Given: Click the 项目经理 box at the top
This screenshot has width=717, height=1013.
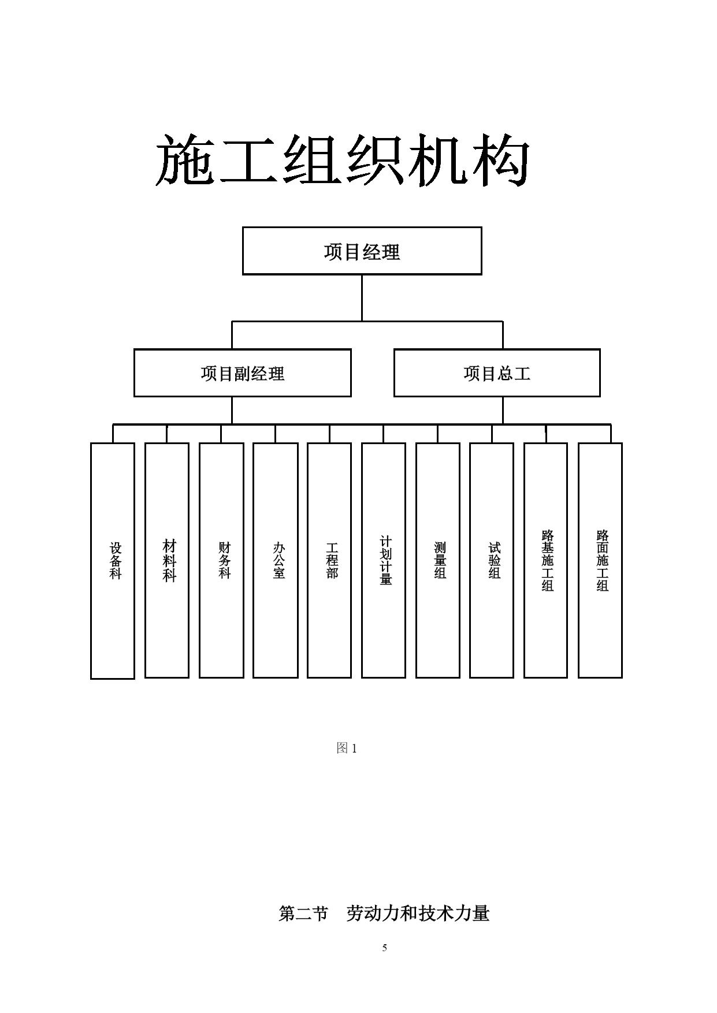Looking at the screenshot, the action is [362, 251].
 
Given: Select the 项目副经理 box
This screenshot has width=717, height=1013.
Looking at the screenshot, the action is [243, 373].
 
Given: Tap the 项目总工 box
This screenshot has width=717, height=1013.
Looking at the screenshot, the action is [497, 373].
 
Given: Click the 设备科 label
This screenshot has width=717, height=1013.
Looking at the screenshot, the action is [116, 560].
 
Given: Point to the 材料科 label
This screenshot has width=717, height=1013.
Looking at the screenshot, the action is [169, 560].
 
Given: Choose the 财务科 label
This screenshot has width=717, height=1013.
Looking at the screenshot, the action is [224, 560].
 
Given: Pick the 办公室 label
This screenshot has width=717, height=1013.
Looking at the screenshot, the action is [278, 560].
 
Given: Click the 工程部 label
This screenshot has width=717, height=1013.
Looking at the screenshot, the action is [332, 560].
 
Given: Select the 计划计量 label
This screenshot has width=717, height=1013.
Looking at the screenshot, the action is [386, 560].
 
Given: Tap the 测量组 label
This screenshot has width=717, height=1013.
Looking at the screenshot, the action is [440, 560].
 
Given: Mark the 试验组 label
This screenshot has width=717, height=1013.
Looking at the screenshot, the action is [495, 560].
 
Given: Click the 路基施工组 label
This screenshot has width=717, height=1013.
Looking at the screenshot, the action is [548, 560].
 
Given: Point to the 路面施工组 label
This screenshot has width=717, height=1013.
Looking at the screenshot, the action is [603, 560].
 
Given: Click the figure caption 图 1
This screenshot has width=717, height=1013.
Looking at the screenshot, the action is [347, 748].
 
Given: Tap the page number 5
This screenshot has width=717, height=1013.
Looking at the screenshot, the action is [384, 948].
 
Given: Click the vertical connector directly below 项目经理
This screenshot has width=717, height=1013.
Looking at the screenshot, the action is [362, 297].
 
